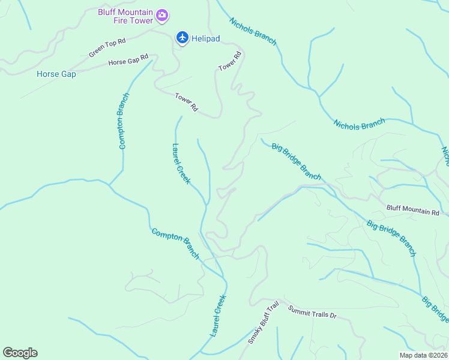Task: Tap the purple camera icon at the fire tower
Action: point(161,15)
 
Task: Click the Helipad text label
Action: point(206,38)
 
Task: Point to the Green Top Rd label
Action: point(107,48)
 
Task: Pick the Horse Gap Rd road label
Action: point(128,60)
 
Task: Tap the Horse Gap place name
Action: point(56,74)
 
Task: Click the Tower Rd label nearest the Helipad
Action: point(230,62)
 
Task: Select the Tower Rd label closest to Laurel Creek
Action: point(186,102)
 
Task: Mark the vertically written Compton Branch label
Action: point(123,121)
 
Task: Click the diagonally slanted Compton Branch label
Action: point(175,243)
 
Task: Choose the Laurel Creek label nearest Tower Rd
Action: point(181,163)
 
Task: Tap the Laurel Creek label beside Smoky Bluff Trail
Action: point(218,315)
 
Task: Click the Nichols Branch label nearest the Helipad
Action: point(253,31)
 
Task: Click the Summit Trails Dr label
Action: point(312,313)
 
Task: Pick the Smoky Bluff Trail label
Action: point(264,323)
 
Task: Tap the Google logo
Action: point(20,353)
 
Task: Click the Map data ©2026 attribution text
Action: point(423,355)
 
